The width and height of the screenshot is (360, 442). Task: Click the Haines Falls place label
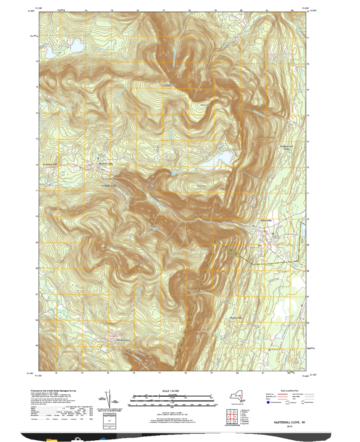click(105, 164)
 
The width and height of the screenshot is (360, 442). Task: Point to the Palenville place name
click(268, 221)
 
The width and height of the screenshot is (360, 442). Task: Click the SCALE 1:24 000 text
click(171, 392)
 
